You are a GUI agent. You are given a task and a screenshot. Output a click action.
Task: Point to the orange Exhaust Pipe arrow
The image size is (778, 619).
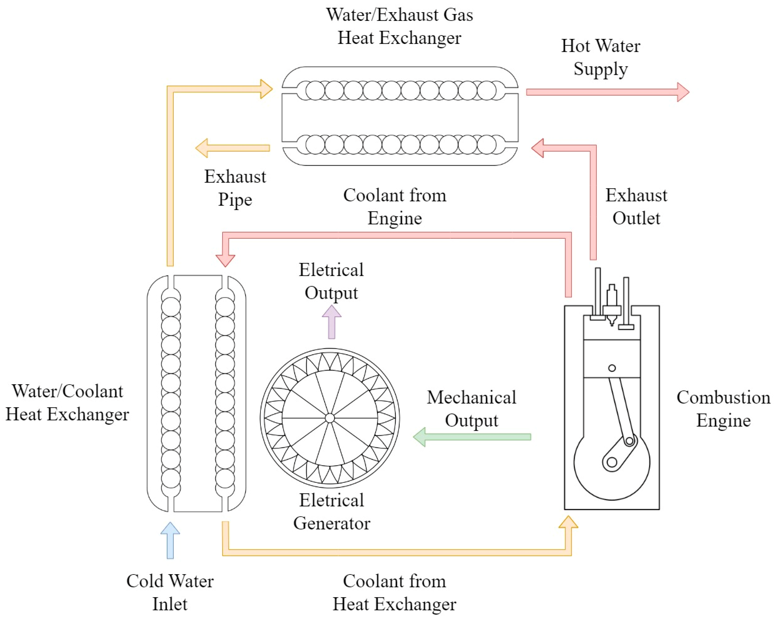233,148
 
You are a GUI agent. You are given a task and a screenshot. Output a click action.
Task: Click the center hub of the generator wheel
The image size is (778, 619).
329,418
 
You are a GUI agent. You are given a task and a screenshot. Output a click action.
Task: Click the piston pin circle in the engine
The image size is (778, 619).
612,368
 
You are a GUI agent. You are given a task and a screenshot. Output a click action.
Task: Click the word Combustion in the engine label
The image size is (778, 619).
723,397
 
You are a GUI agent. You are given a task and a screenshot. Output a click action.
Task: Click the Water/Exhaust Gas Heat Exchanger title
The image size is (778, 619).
399,26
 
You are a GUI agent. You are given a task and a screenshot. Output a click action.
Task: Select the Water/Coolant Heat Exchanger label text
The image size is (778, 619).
67,402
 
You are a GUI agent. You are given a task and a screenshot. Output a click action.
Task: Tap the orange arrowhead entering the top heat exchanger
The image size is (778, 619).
266,89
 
